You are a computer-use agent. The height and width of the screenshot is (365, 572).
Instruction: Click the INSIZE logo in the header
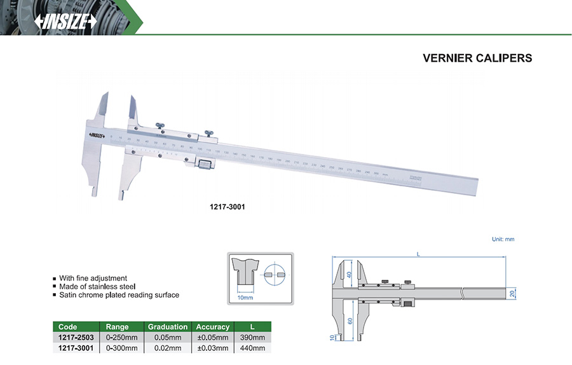(66, 22)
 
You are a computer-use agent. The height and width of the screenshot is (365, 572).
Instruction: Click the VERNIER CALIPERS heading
(477, 58)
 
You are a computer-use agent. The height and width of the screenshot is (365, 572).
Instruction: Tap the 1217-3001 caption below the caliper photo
(228, 207)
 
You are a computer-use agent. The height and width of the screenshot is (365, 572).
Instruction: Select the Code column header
(67, 327)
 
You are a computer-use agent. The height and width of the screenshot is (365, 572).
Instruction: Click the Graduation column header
(168, 327)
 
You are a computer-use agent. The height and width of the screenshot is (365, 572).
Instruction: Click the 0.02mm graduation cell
(168, 348)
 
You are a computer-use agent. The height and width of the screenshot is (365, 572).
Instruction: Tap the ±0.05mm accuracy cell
(212, 337)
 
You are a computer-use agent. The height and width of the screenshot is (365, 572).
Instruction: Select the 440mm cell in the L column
(252, 348)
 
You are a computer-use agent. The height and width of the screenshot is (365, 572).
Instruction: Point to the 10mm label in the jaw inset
(245, 297)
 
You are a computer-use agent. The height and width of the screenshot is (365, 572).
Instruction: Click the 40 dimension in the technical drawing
(348, 275)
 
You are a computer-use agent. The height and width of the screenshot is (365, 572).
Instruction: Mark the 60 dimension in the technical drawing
(348, 321)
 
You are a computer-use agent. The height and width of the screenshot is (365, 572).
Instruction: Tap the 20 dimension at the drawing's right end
(513, 293)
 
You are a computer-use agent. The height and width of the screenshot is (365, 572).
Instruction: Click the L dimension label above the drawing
(418, 254)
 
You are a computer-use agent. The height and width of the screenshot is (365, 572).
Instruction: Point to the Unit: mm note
(503, 239)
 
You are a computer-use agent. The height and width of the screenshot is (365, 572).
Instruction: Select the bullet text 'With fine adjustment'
(93, 279)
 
